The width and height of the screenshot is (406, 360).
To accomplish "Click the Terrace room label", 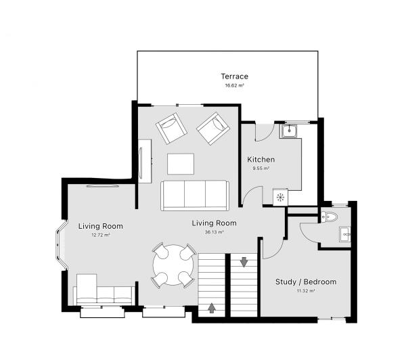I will tap(234, 76).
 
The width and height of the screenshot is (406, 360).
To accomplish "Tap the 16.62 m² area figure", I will tap(234, 86).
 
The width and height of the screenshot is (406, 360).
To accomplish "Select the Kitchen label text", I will tap(261, 160).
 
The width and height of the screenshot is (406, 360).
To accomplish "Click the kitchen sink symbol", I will tap(290, 130).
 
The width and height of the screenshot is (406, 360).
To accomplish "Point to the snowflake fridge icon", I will tap(279, 196).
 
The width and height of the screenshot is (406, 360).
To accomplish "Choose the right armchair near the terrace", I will tap(213, 127).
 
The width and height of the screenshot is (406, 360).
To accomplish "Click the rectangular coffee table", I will tap(181, 164).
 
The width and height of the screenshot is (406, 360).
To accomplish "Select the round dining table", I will tap(173, 265).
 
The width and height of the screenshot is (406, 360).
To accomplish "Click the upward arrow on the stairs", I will tap(212, 309).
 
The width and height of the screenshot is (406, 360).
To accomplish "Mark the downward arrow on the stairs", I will tap(244, 261).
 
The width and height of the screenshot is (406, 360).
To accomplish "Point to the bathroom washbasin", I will tap(346, 235).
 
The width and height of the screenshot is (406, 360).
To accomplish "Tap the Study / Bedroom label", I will tap(305, 282).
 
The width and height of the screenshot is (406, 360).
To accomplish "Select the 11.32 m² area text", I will tap(305, 291).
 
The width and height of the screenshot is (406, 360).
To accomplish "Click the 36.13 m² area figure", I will tap(214, 232).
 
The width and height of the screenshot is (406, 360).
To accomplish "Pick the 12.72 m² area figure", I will tap(100, 235).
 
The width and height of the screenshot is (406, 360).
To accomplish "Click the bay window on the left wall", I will tap(59, 246).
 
